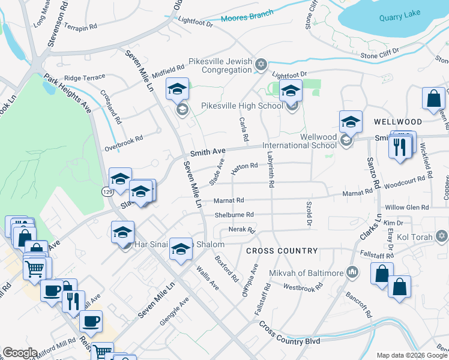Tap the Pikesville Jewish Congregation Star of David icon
click(x=261, y=64)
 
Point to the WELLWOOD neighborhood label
click(x=394, y=122)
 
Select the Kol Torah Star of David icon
click(x=442, y=236)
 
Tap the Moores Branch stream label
click(x=247, y=16)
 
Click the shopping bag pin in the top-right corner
click(x=433, y=99)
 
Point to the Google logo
click(x=19, y=353)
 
